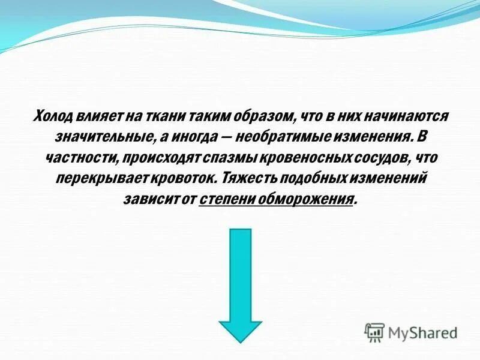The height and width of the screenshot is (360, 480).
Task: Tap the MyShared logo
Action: [410, 332]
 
